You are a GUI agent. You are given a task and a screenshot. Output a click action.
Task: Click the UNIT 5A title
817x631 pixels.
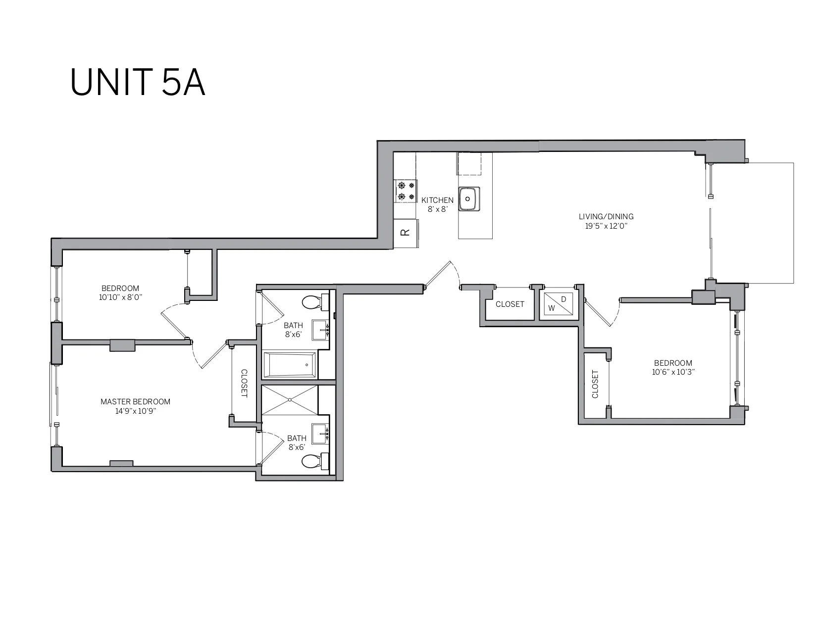click(137, 82)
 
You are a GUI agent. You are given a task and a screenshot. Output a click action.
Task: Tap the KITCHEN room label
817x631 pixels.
click(437, 200)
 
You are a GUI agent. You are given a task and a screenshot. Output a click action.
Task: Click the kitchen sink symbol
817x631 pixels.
click(468, 199)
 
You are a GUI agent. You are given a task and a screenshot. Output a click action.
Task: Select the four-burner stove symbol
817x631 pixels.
click(406, 191)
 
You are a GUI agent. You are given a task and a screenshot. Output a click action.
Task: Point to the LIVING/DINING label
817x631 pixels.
click(606, 216)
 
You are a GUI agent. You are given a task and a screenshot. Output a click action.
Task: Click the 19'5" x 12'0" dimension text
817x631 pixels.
click(606, 226)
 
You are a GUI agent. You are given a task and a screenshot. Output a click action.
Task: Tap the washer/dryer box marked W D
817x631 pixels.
click(559, 304)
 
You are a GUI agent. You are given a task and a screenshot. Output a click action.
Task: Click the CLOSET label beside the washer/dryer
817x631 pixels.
click(510, 304)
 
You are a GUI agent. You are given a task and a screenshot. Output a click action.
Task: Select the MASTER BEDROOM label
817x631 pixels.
click(135, 401)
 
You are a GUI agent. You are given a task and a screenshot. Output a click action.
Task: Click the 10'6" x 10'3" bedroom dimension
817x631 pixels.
click(673, 372)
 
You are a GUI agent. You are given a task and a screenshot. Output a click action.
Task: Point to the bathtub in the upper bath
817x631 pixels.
click(290, 365)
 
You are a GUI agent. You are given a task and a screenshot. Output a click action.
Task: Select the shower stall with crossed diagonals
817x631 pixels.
click(290, 400)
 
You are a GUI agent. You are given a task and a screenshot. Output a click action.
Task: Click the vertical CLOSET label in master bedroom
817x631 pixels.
click(244, 383)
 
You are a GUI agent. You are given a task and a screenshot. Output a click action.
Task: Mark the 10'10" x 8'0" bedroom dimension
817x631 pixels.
click(120, 297)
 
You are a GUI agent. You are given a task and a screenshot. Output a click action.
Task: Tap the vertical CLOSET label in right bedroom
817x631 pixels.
click(595, 384)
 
